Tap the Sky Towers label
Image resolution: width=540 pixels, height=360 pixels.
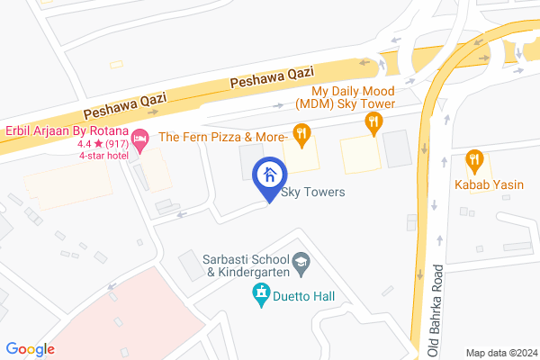tap(313, 192)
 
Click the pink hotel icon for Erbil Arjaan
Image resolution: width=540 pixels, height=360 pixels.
tap(139, 139)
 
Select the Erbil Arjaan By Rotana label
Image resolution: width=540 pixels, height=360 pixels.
tap(64, 129)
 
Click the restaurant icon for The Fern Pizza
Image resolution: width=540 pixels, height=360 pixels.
tap(301, 136)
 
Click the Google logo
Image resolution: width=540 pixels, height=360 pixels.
tap(30, 349)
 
